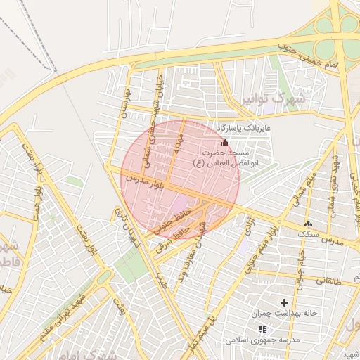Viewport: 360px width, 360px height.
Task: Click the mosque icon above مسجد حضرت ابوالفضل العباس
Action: click(225, 142)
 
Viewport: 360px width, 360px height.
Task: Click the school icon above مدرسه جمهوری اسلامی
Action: click(262, 329)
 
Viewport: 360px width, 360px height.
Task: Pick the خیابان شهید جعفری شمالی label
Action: click(154, 115)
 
